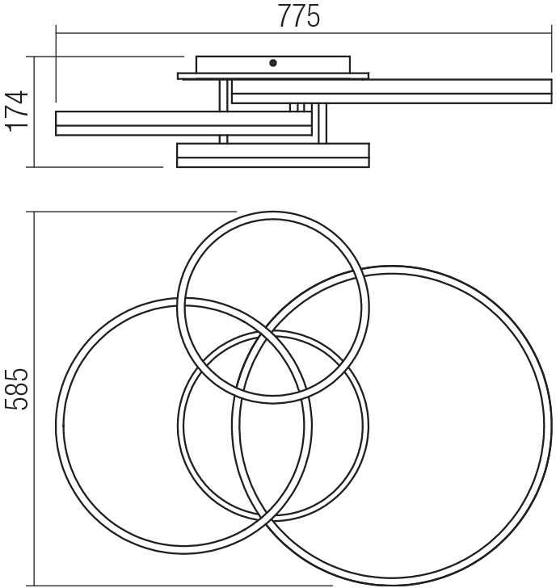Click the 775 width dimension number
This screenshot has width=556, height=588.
pos(299,16)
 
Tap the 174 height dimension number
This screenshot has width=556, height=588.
pos(17,111)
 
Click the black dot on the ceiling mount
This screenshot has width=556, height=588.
pos(273,63)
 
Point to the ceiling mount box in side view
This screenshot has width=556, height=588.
pos(273,65)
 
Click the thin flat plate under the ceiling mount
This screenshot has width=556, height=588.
pos(273,76)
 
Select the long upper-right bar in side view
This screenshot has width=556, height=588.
pos(392,91)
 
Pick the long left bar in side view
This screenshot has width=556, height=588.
pos(183,124)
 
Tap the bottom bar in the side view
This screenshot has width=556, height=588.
pos(273,155)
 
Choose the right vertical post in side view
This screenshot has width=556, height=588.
pos(322,124)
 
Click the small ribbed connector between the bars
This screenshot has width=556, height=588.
pos(301,107)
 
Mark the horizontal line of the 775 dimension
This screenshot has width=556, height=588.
pos(304,33)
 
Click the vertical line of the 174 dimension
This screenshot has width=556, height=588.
pos(34,111)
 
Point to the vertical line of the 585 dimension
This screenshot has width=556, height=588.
pos(34,399)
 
